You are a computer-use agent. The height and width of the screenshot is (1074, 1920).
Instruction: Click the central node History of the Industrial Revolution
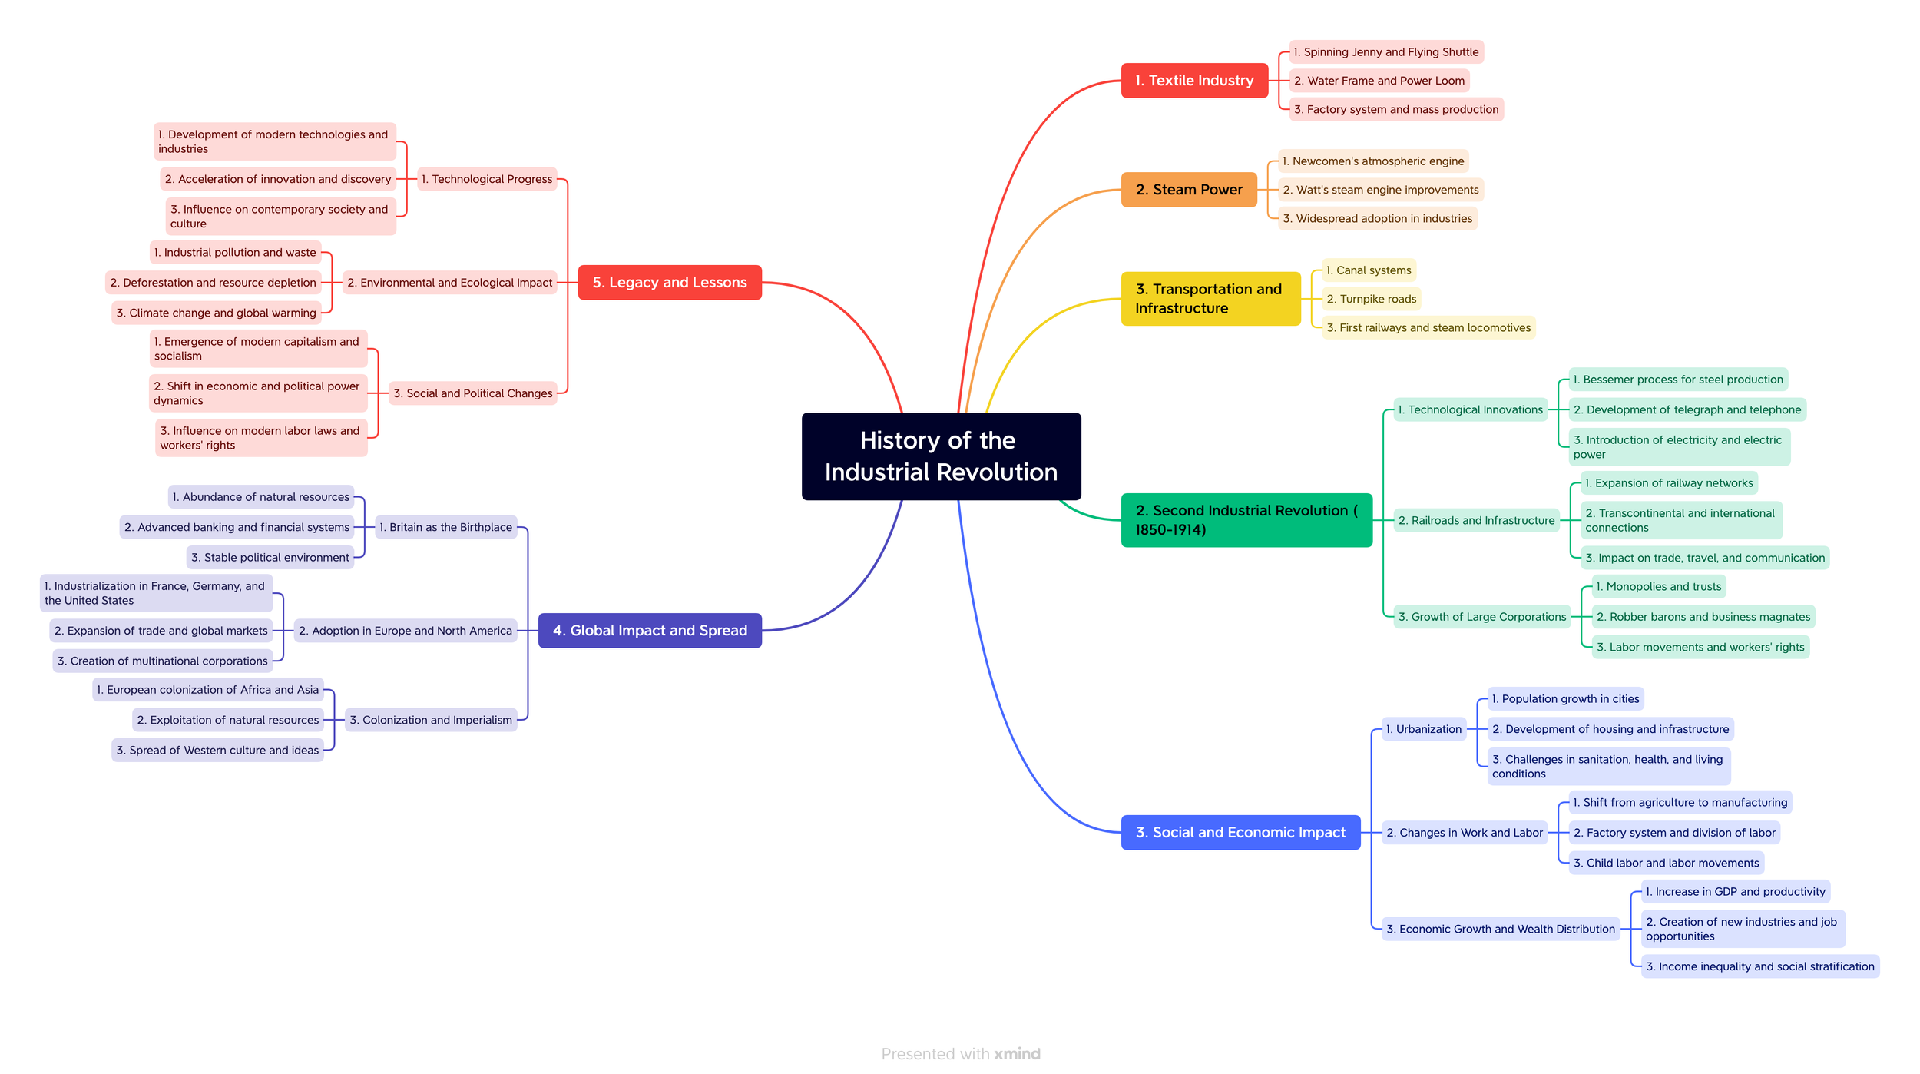[941, 456]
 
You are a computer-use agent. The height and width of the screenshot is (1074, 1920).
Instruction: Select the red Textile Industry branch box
[1193, 81]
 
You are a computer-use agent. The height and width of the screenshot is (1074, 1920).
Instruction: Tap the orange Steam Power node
[1188, 190]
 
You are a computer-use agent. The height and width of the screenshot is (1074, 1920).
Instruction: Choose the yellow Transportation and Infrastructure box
[1210, 299]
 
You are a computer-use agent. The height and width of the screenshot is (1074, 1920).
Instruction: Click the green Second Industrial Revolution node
[1246, 520]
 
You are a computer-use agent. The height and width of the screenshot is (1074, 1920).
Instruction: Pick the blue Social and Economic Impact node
[1240, 833]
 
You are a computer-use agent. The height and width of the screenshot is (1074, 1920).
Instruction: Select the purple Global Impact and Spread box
[650, 631]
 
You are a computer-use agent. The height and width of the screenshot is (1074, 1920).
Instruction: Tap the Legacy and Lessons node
[669, 283]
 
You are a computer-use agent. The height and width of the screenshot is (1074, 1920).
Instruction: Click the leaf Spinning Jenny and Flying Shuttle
[1385, 52]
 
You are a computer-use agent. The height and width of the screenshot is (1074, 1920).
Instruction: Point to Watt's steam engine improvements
[1380, 190]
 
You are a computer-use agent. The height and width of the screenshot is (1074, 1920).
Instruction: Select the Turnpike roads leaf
[1371, 299]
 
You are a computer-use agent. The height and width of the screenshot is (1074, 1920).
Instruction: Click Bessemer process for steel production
[1677, 380]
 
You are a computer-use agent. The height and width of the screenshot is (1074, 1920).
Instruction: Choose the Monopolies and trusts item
[1658, 587]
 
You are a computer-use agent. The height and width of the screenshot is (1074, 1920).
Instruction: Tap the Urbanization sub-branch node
[1423, 729]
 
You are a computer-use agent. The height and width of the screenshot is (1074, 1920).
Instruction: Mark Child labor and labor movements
[1666, 863]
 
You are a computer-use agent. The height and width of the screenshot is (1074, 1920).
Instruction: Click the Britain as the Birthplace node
[445, 527]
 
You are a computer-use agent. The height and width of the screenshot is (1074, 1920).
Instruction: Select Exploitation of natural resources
[227, 720]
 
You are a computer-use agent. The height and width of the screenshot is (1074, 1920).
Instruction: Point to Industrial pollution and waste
[234, 252]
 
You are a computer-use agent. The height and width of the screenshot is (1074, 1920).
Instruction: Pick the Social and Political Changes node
[472, 393]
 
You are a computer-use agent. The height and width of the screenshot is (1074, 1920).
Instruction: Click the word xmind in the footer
[1017, 1054]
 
